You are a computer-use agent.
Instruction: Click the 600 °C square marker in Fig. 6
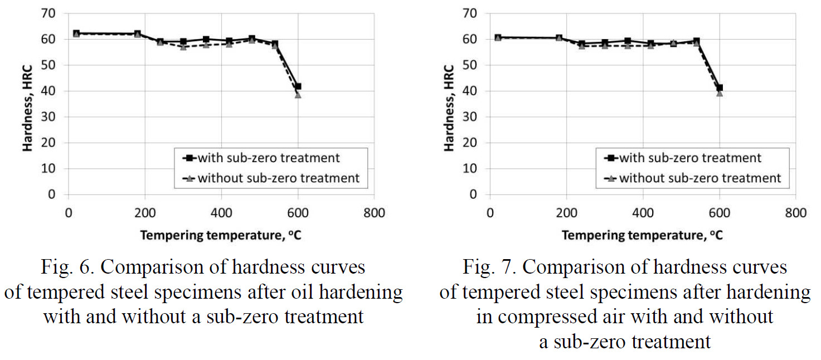point(298,86)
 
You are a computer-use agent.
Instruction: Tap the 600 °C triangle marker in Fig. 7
point(720,93)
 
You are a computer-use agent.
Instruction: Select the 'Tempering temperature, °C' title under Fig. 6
point(221,235)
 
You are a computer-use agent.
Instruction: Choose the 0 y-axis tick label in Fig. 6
point(52,194)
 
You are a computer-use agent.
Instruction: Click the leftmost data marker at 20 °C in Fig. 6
point(76,33)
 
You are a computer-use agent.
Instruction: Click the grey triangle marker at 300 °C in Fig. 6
point(183,47)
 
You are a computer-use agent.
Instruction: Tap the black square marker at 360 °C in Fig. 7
point(628,41)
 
